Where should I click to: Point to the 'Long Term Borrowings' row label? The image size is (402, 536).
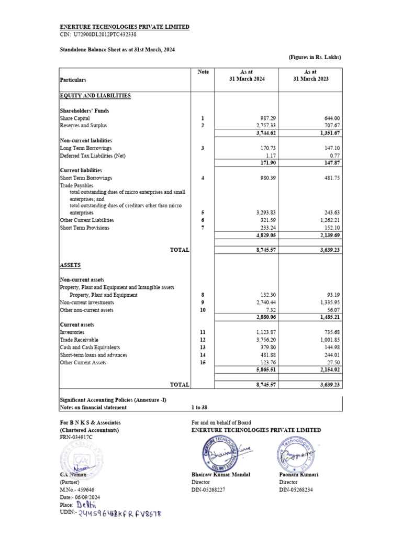tap(85, 149)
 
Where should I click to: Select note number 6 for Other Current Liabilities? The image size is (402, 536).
tap(202, 220)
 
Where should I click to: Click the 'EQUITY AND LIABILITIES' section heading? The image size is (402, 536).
tap(95, 96)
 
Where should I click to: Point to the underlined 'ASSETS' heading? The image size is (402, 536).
tap(70, 265)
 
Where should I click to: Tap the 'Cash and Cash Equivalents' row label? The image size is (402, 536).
tap(90, 347)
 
